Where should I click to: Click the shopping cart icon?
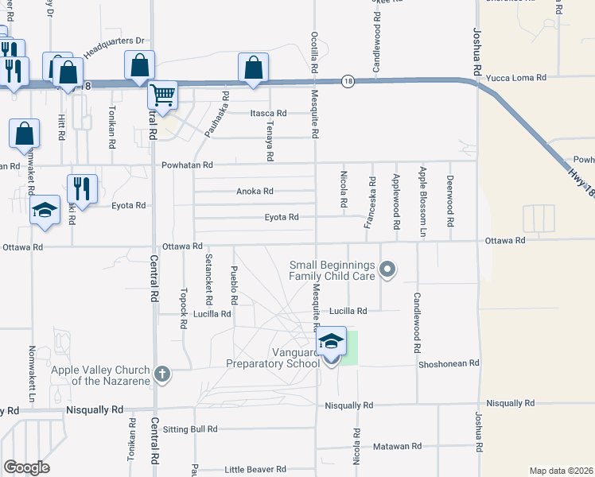[163, 96]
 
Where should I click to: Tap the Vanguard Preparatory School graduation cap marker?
[332, 343]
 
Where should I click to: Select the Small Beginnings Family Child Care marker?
[387, 270]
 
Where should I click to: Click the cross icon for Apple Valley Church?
[161, 374]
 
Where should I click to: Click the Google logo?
[27, 467]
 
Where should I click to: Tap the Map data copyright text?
[561, 471]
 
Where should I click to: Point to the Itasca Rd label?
[268, 114]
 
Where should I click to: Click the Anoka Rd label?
[255, 192]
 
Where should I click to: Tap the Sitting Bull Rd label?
[189, 429]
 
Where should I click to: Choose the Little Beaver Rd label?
[255, 470]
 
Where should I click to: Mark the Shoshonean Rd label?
[449, 363]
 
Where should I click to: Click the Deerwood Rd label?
[450, 194]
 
